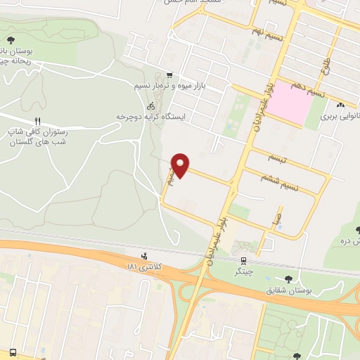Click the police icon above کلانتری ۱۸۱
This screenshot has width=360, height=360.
point(144,256)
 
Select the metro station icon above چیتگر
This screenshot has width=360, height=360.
point(243,261)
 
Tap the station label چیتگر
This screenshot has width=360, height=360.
point(243,271)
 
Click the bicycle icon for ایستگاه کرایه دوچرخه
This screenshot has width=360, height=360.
point(151,105)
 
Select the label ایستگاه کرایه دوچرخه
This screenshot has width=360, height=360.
point(150,115)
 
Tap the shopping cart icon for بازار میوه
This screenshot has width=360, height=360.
point(169,75)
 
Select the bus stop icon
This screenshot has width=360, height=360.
point(13,352)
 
